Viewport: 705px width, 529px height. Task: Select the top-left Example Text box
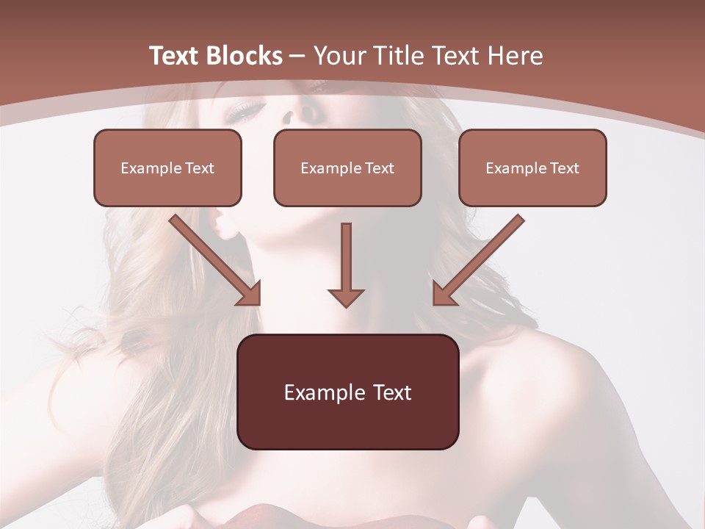[x=167, y=168]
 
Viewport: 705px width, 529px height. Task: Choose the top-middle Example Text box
[x=347, y=168]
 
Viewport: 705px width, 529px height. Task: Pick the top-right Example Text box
[x=532, y=168]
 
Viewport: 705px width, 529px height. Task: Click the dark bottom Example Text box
[x=347, y=392]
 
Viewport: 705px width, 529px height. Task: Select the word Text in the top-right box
[x=563, y=168]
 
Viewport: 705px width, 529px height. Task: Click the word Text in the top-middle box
[x=378, y=168]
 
